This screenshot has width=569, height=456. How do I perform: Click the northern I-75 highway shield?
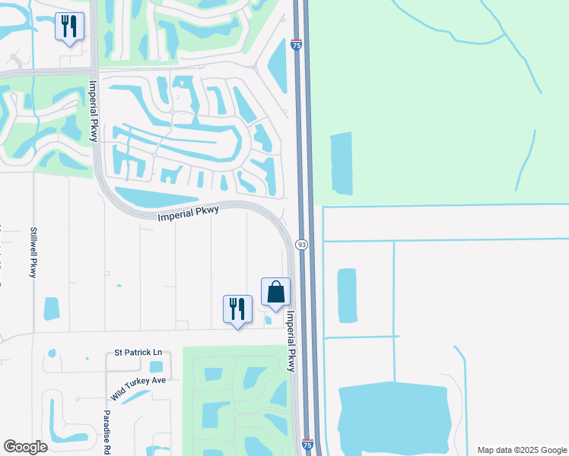click(x=296, y=46)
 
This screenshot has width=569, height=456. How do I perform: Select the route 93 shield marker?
click(x=302, y=245)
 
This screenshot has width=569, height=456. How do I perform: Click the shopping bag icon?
click(x=275, y=292)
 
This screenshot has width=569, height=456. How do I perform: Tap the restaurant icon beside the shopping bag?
click(x=237, y=309)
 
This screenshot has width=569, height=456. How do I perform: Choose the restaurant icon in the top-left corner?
click(x=69, y=27)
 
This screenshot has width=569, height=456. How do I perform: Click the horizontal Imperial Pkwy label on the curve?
click(x=188, y=214)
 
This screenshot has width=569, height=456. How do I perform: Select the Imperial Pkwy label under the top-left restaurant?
click(x=94, y=111)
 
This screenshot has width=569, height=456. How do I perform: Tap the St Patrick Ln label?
click(x=138, y=353)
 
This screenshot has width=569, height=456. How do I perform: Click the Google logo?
click(x=25, y=447)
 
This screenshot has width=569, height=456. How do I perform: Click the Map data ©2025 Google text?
click(x=521, y=450)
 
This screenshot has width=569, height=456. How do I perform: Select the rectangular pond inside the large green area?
click(x=342, y=163)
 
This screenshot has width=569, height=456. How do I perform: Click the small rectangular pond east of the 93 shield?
click(x=346, y=293)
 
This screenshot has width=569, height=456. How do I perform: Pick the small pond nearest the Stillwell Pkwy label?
click(x=52, y=308)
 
